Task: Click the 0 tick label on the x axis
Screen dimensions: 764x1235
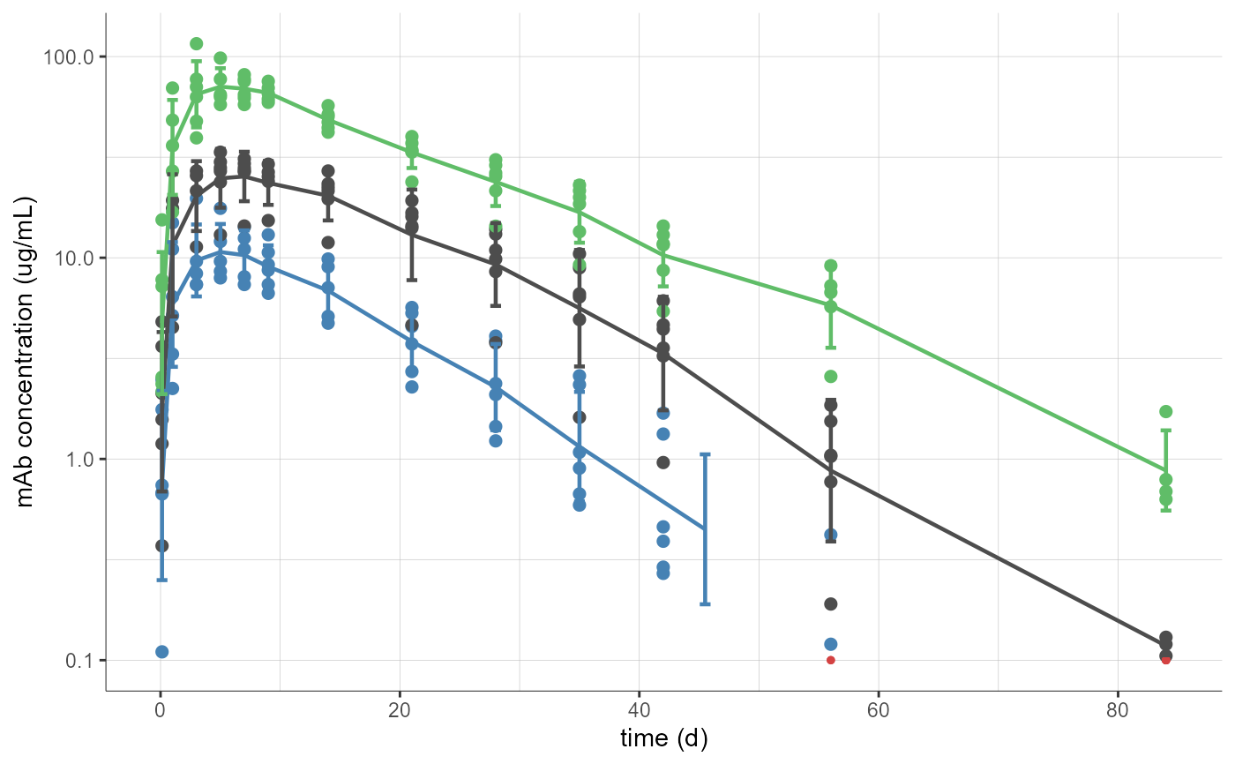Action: [x=160, y=709]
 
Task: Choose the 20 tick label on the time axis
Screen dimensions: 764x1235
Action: [x=400, y=709]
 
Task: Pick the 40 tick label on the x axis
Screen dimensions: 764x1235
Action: [x=639, y=709]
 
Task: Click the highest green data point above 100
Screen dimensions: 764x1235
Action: [x=197, y=44]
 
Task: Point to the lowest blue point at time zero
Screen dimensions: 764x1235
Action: [x=162, y=652]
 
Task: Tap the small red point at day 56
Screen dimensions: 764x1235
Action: [x=830, y=660]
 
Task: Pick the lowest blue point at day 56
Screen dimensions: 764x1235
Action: [x=830, y=644]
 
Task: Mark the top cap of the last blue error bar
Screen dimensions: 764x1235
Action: [x=705, y=454]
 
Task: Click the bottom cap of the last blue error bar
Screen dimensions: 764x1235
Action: [x=705, y=603]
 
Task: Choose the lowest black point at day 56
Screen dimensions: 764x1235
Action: [x=830, y=603]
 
